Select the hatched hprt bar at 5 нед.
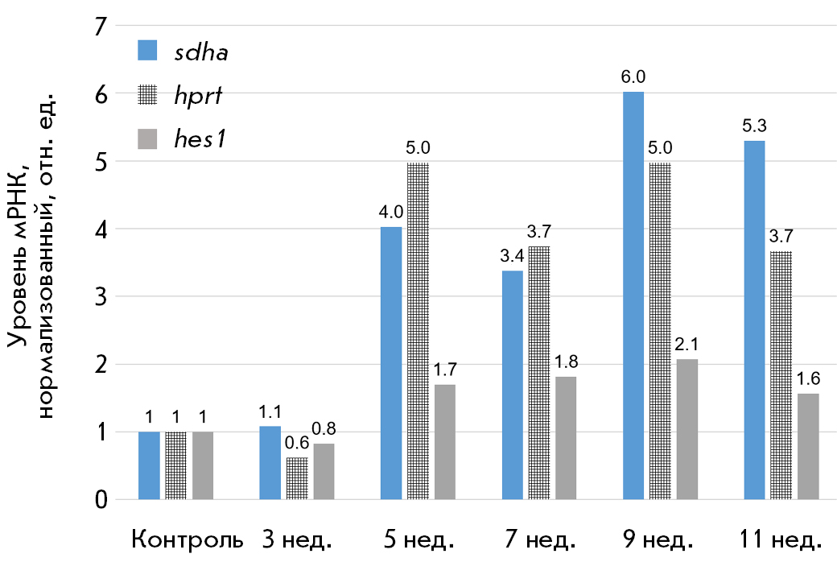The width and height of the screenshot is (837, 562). (418, 331)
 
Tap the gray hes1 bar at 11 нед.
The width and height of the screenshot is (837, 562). (808, 446)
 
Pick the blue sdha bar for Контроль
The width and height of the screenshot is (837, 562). (149, 465)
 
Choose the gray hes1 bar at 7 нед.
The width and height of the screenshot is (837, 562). (566, 438)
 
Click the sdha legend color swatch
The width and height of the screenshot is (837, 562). (149, 51)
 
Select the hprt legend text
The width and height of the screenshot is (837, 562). (197, 95)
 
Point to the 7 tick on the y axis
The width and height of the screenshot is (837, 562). (101, 27)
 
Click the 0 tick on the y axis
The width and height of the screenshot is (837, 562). (101, 500)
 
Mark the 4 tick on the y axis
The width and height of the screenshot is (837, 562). (101, 229)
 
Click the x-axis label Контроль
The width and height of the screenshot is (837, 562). (186, 539)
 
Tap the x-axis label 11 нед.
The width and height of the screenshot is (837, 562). (781, 539)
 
